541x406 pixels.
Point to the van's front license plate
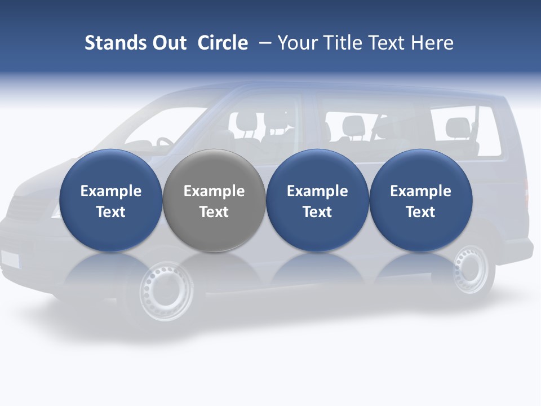(10, 259)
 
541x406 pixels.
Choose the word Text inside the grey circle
(214, 212)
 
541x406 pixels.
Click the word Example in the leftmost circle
(110, 191)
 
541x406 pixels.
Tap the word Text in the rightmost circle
(420, 212)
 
